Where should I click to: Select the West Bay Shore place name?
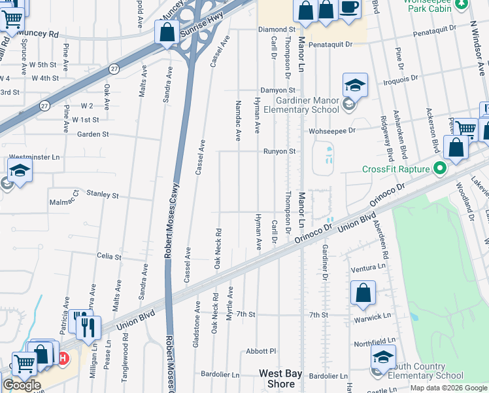[x=280, y=379]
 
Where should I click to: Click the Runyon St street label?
[x=280, y=151]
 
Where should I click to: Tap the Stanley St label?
[x=103, y=195]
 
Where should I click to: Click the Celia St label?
[x=109, y=257]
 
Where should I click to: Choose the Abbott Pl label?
[x=261, y=352]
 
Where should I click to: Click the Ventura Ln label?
[x=368, y=268]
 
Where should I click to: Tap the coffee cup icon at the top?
[x=349, y=8]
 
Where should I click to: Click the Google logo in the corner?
[x=22, y=385]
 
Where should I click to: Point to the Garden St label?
[x=92, y=135]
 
